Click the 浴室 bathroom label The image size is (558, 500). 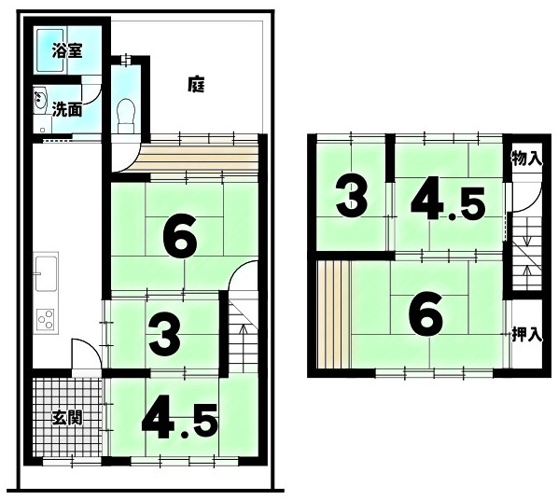coord(67,50)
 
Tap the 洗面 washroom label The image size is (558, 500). coord(67,109)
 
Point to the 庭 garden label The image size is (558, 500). coord(196,85)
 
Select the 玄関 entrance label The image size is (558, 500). coord(67,417)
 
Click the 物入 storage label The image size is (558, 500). coord(526,159)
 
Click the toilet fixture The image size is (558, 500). coord(126,115)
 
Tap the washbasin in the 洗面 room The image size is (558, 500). coord(39,100)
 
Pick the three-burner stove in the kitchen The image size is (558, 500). coord(46,319)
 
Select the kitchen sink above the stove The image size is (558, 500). coord(46,273)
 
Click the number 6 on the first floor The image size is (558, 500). coord(180,238)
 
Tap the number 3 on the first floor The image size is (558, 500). coord(165,339)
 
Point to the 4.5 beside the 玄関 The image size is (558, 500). coord(180,422)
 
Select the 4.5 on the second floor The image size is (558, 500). coord(449,202)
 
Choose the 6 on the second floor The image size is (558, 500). coord(426,313)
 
